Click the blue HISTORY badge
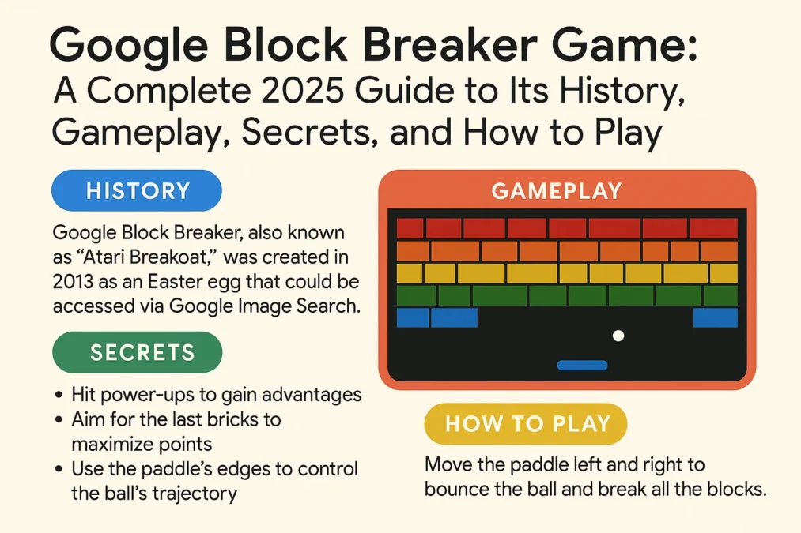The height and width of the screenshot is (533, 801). (x=137, y=191)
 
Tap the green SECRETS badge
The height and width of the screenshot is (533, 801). (x=137, y=351)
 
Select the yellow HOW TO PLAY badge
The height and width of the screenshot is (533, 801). (x=527, y=423)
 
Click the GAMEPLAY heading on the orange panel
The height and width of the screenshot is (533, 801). (x=556, y=190)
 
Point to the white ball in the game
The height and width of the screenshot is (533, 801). (x=618, y=336)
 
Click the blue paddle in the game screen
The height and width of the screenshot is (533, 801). (x=582, y=365)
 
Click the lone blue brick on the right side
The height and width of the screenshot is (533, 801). (x=715, y=317)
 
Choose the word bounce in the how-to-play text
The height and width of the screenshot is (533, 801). (x=463, y=489)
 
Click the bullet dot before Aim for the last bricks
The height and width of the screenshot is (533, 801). (x=61, y=419)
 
